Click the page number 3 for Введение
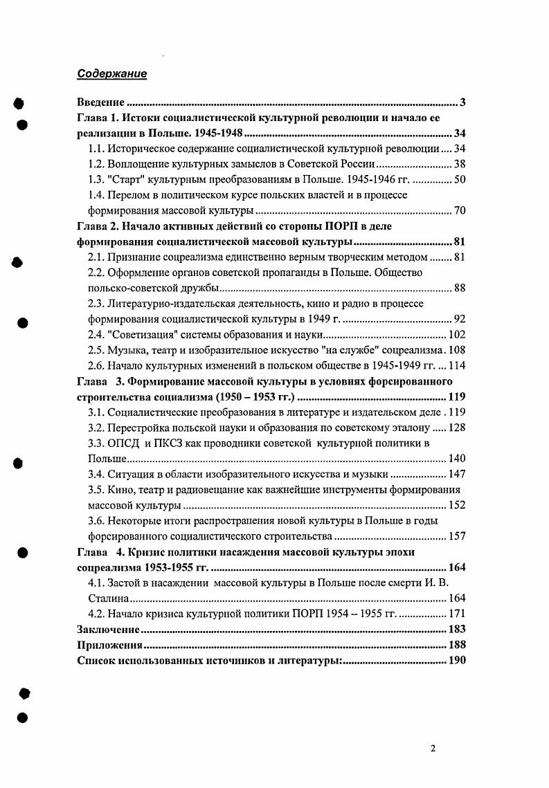point(462,104)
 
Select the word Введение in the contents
point(100,104)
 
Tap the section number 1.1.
point(96,149)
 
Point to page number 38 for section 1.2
point(460,164)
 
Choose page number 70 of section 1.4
point(460,210)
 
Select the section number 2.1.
point(96,257)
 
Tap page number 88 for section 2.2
point(460,288)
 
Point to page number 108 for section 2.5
point(457,350)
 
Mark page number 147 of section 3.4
point(457,474)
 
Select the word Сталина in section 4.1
point(108,598)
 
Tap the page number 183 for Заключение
point(457,629)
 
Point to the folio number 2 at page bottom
point(433,749)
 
